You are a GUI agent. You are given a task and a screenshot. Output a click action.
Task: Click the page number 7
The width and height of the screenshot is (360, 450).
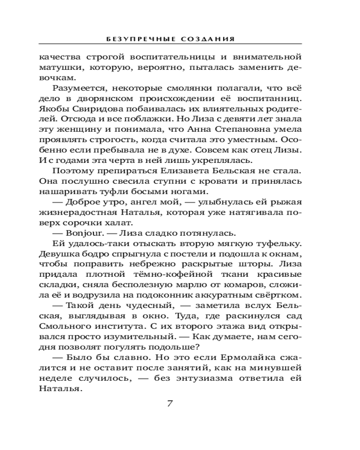170,403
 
